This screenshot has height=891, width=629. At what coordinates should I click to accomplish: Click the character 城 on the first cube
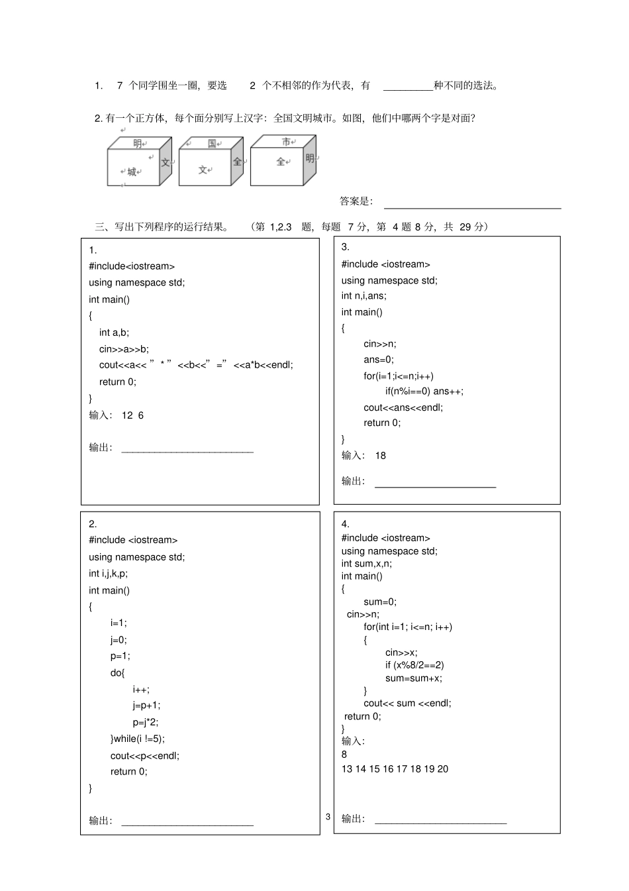click(x=132, y=172)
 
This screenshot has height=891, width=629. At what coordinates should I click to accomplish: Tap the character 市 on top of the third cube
click(x=286, y=142)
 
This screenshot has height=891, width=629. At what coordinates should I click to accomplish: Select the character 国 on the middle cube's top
click(x=212, y=143)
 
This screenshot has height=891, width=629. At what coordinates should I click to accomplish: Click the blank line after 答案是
click(x=472, y=204)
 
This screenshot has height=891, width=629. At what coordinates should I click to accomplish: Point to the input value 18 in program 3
click(x=380, y=456)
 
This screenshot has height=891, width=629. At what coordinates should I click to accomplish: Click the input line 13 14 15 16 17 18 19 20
click(x=395, y=769)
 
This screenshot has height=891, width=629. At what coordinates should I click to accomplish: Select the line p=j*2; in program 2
click(x=146, y=722)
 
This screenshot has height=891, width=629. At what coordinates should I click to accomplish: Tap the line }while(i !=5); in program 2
click(x=138, y=739)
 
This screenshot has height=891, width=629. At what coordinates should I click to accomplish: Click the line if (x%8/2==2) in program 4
click(x=414, y=665)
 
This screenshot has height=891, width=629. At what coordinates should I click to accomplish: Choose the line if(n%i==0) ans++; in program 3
click(x=424, y=392)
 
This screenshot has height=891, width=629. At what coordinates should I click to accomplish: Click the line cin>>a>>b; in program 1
click(x=124, y=349)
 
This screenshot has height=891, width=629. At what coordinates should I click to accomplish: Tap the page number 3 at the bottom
click(x=328, y=817)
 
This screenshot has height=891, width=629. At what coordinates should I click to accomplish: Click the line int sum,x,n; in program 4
click(x=366, y=564)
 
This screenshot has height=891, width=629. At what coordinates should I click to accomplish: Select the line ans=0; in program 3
click(x=379, y=360)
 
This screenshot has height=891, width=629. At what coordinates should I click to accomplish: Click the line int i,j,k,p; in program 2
click(x=108, y=574)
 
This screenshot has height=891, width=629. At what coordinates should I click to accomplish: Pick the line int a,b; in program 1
click(x=114, y=333)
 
